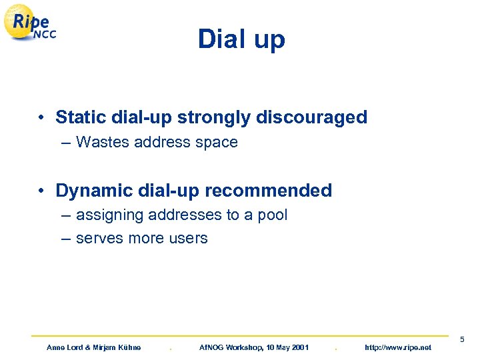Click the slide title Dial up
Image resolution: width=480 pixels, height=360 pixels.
pyautogui.click(x=241, y=39)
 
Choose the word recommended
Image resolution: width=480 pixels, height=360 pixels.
pyautogui.click(x=268, y=191)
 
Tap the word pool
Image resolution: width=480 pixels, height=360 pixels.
pyautogui.click(x=273, y=215)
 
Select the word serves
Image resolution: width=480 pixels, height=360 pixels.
pyautogui.click(x=99, y=238)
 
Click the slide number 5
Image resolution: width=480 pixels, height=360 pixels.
pyautogui.click(x=461, y=341)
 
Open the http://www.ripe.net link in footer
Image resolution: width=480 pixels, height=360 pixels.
pyautogui.click(x=399, y=347)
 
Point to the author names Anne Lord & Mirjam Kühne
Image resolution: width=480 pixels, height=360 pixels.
pyautogui.click(x=93, y=347)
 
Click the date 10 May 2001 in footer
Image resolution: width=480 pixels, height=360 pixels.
pyautogui.click(x=279, y=347)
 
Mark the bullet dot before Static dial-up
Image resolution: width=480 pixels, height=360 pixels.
pyautogui.click(x=41, y=118)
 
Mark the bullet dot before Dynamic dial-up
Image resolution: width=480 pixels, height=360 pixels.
pyautogui.click(x=41, y=191)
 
